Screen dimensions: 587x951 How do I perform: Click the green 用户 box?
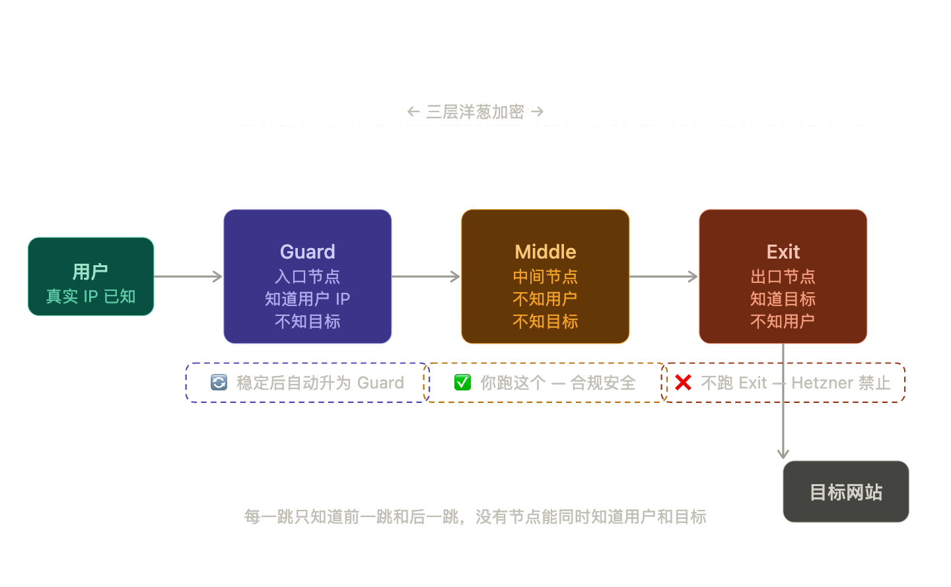point(90,276)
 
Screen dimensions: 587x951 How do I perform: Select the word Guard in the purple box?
point(307,252)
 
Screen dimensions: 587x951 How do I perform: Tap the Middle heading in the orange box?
point(545,252)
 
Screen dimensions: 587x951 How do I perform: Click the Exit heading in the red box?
point(783,252)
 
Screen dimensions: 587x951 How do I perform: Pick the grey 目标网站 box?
point(845,492)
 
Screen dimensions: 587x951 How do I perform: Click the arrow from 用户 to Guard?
point(188,276)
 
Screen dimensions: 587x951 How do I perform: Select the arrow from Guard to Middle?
point(426,276)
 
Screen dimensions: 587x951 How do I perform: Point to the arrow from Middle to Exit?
point(664,276)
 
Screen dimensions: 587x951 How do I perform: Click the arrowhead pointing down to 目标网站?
point(783,454)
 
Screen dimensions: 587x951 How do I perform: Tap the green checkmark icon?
point(462,383)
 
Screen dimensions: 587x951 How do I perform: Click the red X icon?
point(684,383)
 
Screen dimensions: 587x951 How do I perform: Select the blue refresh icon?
point(219,383)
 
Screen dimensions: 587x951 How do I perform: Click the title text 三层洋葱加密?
point(475,111)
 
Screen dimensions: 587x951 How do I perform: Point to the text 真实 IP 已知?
point(90,297)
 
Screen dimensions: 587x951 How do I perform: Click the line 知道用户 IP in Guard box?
point(307,299)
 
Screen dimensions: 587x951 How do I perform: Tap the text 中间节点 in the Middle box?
point(545,276)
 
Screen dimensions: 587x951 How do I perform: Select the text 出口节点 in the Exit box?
point(783,276)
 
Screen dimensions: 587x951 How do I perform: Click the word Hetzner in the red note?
point(822,383)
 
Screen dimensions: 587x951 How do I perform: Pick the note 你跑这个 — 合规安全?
point(557,383)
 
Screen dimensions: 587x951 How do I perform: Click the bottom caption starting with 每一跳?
point(475,516)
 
